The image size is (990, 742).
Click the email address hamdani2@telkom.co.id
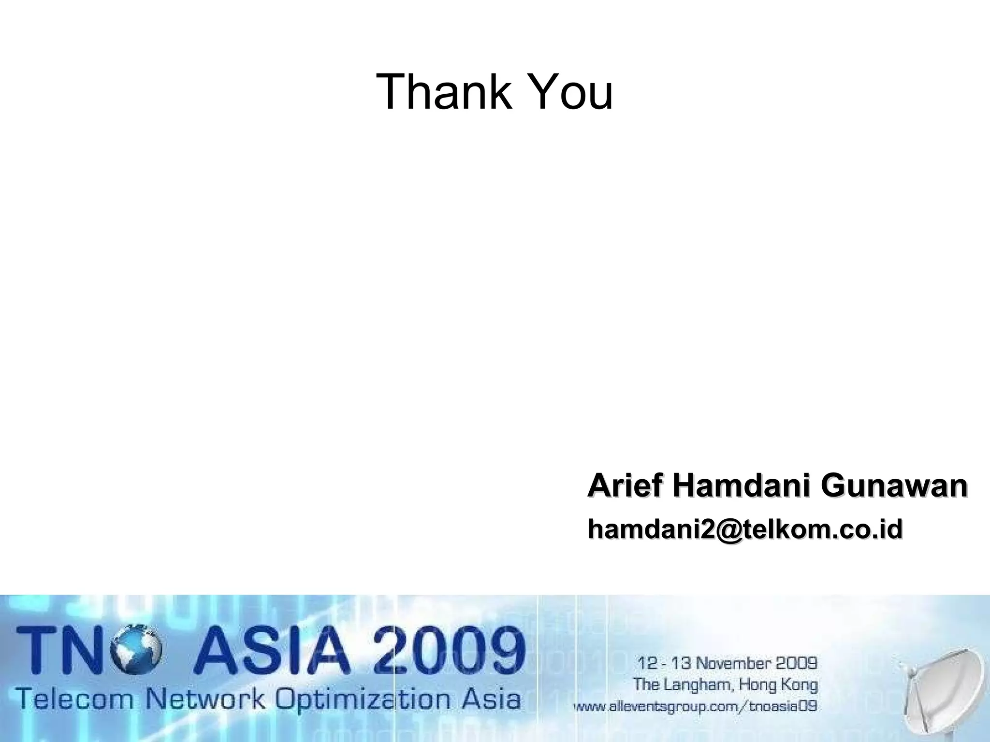pos(745,529)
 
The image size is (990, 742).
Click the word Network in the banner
pos(205,699)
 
